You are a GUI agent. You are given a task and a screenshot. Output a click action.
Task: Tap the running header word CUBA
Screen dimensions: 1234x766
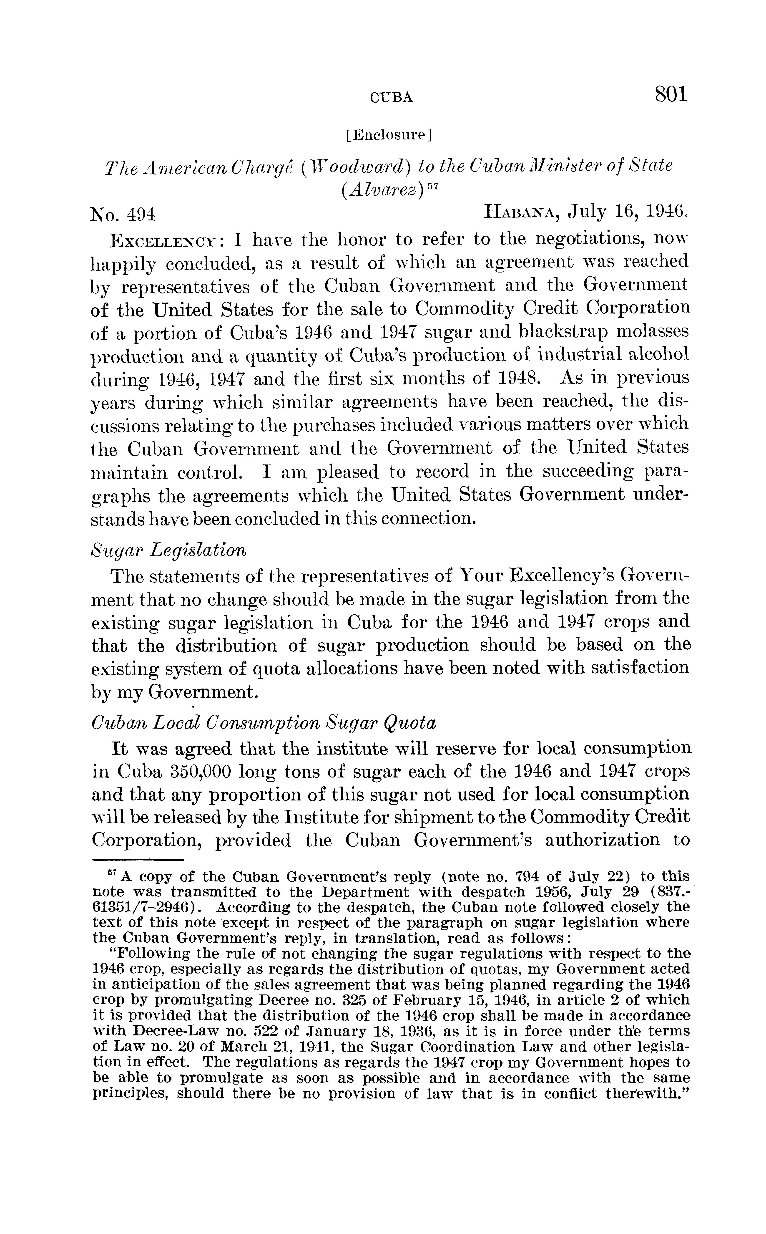[x=392, y=97]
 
